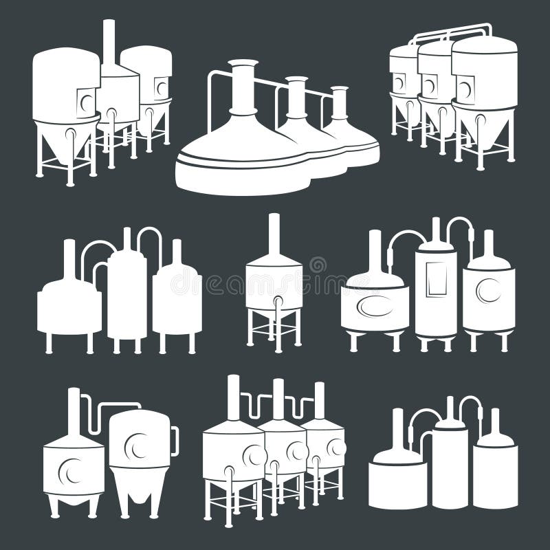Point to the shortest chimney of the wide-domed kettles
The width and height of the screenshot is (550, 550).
[339, 101]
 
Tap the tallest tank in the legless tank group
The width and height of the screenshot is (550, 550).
[450, 467]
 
